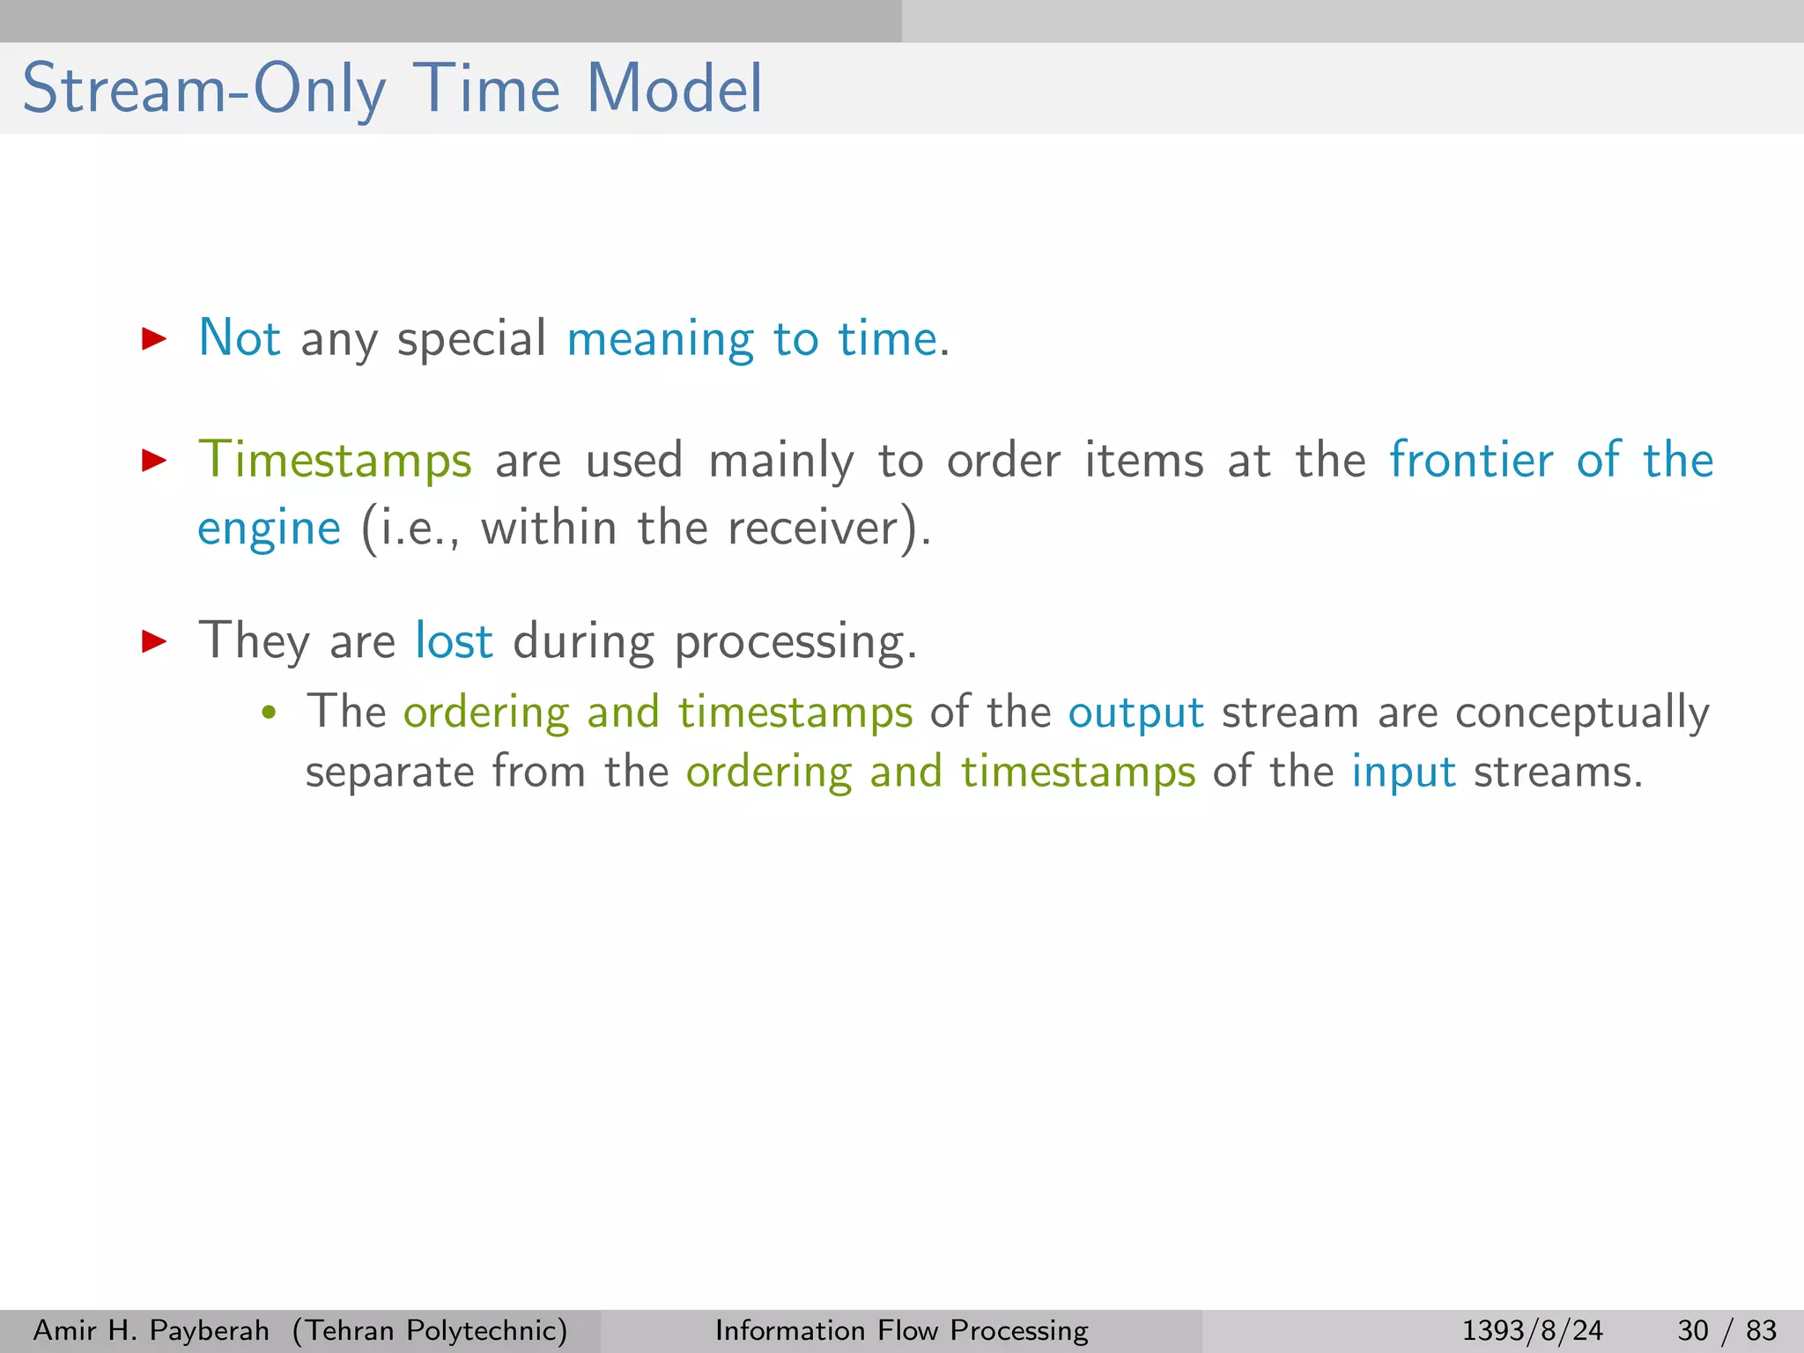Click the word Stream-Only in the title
tap(203, 89)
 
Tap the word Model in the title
tap(674, 89)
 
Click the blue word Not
tap(239, 338)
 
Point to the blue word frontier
tap(1470, 460)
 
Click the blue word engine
tap(269, 529)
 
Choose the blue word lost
tap(454, 641)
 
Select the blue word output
tap(1135, 713)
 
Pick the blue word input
tap(1403, 773)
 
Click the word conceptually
tap(1581, 713)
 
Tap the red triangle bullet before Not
tap(154, 338)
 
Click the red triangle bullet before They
tap(154, 640)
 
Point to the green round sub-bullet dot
tap(270, 713)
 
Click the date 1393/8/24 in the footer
tap(1532, 1330)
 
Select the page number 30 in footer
tap(1692, 1330)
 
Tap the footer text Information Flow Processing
tap(901, 1330)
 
